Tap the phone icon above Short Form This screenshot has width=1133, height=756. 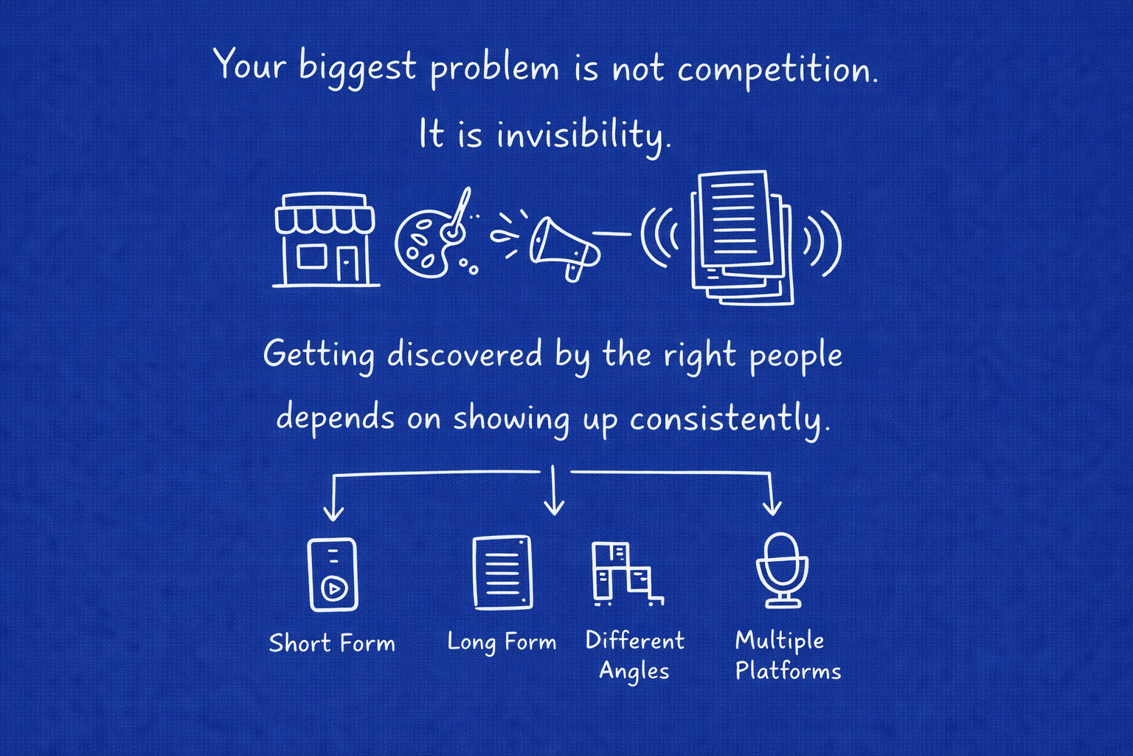(333, 574)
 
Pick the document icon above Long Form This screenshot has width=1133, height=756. (502, 573)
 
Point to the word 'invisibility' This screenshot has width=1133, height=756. (583, 135)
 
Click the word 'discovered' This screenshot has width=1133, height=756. (465, 354)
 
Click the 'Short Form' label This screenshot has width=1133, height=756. (332, 643)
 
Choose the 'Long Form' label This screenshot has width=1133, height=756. (502, 642)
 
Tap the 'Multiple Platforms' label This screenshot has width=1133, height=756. (787, 656)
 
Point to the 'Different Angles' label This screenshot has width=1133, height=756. (634, 656)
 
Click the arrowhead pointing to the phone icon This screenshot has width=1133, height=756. (333, 513)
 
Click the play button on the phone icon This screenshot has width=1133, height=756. (333, 588)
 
